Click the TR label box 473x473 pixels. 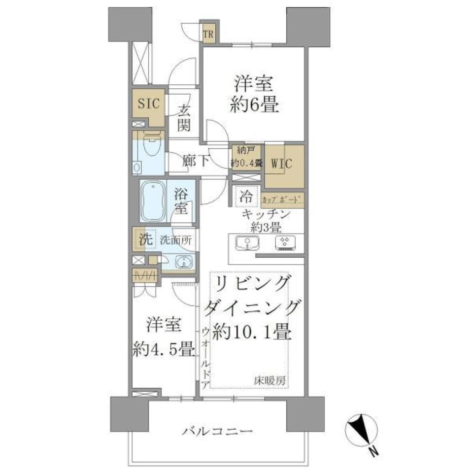[209, 34]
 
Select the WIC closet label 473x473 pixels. [283, 164]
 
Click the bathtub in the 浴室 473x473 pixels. [155, 202]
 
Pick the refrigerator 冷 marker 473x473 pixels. [247, 198]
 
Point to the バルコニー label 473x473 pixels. [217, 432]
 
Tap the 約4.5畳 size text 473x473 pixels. [163, 349]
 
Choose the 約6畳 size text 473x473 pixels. [254, 105]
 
